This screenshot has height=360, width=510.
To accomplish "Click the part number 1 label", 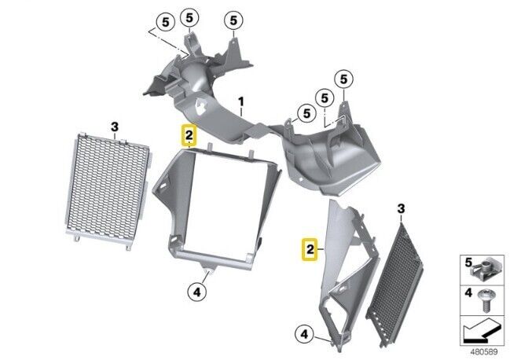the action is click(x=240, y=101).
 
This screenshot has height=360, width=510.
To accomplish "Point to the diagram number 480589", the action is click(x=484, y=351).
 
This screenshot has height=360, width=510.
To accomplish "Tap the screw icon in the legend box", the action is click(x=486, y=301).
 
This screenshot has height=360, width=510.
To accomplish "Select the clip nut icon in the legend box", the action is click(x=485, y=270).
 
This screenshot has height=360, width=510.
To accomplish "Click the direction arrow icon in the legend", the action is click(x=482, y=332).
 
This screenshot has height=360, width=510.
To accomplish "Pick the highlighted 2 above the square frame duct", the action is click(x=189, y=135).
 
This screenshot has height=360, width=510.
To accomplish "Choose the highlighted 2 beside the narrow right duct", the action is click(x=310, y=249).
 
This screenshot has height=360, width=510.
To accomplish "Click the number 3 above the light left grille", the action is click(x=115, y=127).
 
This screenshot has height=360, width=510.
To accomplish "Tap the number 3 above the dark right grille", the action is click(x=401, y=208).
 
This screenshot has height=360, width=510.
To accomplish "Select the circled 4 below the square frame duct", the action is click(x=197, y=292).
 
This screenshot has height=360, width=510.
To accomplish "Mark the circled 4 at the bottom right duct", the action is click(x=304, y=334).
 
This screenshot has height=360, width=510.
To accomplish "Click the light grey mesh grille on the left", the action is click(x=108, y=190).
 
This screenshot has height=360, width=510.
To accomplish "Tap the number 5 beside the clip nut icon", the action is click(x=468, y=263).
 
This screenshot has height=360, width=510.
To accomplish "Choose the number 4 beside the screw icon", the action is click(x=468, y=292).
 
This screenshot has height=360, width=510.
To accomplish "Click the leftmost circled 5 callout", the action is click(x=166, y=23).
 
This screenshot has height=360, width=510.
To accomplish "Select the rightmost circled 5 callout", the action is click(x=343, y=79).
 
